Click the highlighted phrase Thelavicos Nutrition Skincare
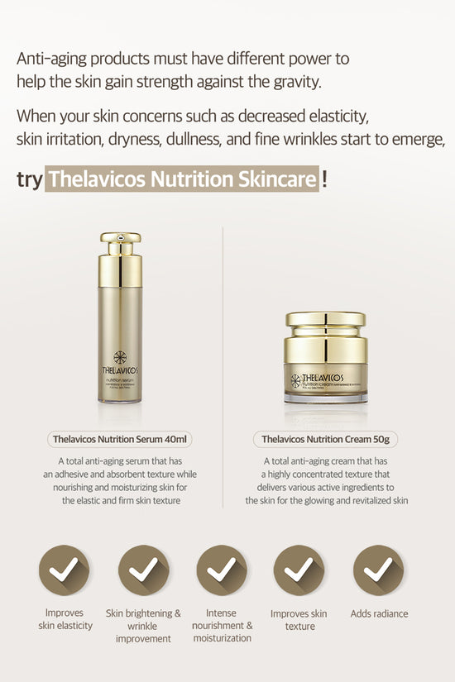tap(182, 179)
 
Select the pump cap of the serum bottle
tap(121, 243)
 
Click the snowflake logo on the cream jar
tap(295, 380)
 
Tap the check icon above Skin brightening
tap(144, 570)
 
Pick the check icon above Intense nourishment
tap(222, 570)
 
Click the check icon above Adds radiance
tap(379, 570)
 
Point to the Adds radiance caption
tap(379, 613)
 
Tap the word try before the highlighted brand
tap(29, 179)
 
